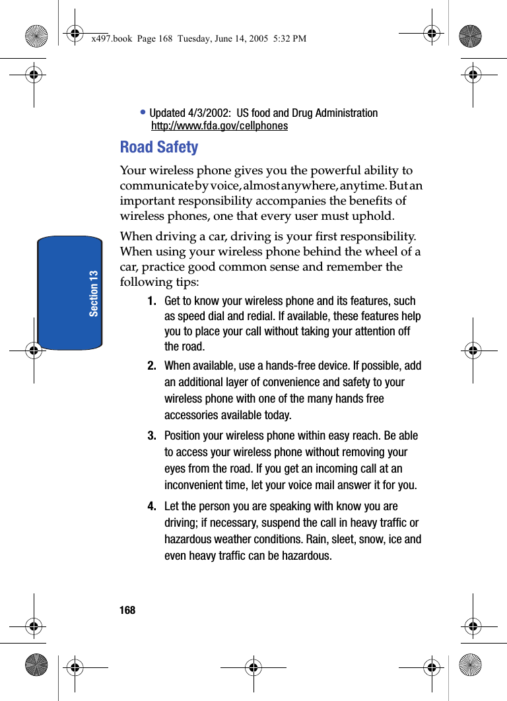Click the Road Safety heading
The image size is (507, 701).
pyautogui.click(x=158, y=147)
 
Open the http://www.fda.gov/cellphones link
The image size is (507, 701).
pyautogui.click(x=219, y=126)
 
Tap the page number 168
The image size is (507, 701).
pyautogui.click(x=127, y=610)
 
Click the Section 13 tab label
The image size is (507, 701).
pyautogui.click(x=94, y=292)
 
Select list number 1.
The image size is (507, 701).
pyautogui.click(x=152, y=301)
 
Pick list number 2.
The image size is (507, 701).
pyautogui.click(x=152, y=366)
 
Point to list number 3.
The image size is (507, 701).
pyautogui.click(x=152, y=436)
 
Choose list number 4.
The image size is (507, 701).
pyautogui.click(x=152, y=506)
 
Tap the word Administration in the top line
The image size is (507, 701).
pyautogui.click(x=346, y=113)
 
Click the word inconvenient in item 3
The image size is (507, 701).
pyautogui.click(x=196, y=485)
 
